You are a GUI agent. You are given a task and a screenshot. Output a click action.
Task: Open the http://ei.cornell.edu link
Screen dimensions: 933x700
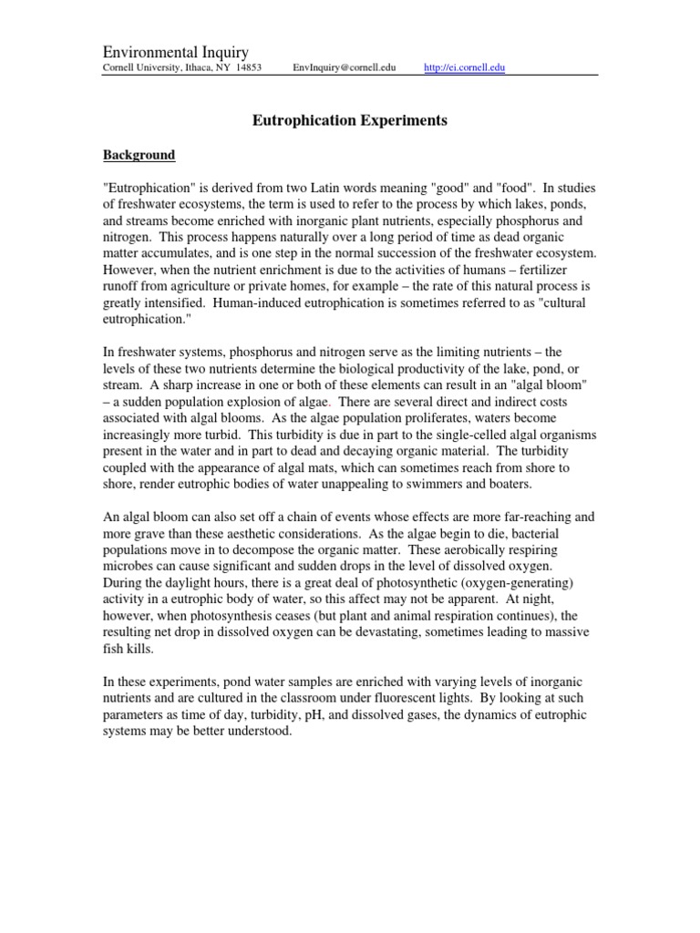pos(465,68)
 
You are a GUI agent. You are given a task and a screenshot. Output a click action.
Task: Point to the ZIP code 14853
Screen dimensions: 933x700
pos(244,68)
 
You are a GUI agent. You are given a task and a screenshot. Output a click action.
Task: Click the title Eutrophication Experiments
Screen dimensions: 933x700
pos(349,120)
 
